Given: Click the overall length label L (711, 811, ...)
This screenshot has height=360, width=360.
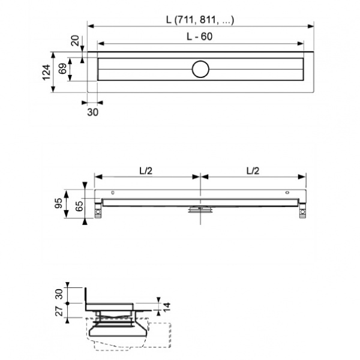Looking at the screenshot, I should (x=200, y=20).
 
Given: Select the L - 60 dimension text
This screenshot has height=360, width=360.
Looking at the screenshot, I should (x=200, y=37).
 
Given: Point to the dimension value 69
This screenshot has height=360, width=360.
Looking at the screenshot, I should (x=61, y=68).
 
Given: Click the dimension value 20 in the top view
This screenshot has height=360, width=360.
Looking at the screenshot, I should (x=75, y=41).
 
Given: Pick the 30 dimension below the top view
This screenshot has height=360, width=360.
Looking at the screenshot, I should (x=92, y=111).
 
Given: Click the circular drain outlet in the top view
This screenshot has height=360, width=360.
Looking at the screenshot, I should (x=200, y=70).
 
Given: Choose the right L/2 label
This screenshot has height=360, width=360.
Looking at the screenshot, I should (x=253, y=170).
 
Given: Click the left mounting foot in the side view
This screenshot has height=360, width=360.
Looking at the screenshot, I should (x=98, y=212).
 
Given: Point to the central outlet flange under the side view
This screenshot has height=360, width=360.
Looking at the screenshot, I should (x=200, y=209).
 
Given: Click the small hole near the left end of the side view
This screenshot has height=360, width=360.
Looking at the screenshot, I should (x=112, y=193).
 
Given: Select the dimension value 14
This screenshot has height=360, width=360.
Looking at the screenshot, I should (x=166, y=307).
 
